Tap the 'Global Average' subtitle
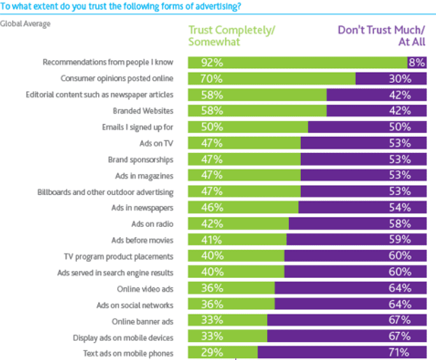[25, 24]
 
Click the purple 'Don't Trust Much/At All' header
[381, 36]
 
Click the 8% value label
[416, 62]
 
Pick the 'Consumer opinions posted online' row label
[117, 79]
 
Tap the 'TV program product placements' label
[119, 256]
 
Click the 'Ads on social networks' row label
[135, 305]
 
